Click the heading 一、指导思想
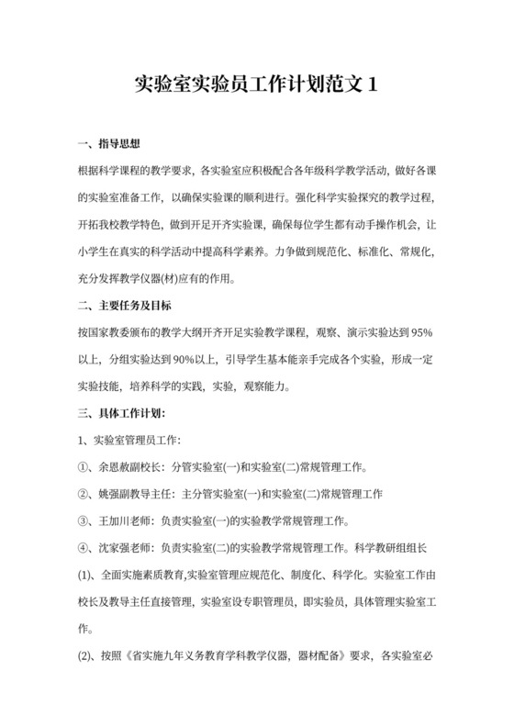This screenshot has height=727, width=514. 108,144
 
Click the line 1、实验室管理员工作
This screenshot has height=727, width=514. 128,441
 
